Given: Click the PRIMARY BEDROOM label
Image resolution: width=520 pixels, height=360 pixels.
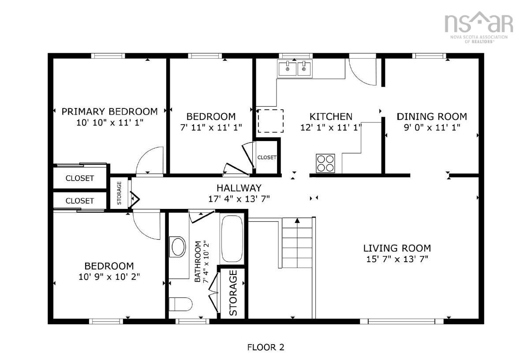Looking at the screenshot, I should coord(109,111).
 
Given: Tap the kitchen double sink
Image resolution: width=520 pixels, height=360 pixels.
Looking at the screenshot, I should coord(294,68).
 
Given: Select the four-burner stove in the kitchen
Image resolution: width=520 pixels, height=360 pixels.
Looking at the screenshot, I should coord(325,163).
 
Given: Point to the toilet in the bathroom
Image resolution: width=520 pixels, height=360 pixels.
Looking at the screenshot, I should coord(181,304).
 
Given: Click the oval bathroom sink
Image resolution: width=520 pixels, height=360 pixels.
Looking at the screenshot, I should coord(178,247).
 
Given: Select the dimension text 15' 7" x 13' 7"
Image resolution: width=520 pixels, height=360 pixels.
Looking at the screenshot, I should coord(397,259).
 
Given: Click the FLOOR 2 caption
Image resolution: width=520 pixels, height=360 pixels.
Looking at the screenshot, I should coord(266,347).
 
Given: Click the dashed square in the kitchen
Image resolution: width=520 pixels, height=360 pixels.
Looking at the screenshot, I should coord(270,121).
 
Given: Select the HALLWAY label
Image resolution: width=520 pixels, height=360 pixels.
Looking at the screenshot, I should coord(239,188).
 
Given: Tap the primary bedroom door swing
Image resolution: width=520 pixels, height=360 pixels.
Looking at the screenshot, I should coord(150,161).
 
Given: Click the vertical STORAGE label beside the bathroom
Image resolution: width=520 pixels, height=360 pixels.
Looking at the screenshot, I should coord(233,293).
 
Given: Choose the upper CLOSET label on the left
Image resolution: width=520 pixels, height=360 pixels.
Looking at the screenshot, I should coord(80,178).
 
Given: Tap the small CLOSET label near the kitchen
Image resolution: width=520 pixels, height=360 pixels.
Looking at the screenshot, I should coord(267,157).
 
